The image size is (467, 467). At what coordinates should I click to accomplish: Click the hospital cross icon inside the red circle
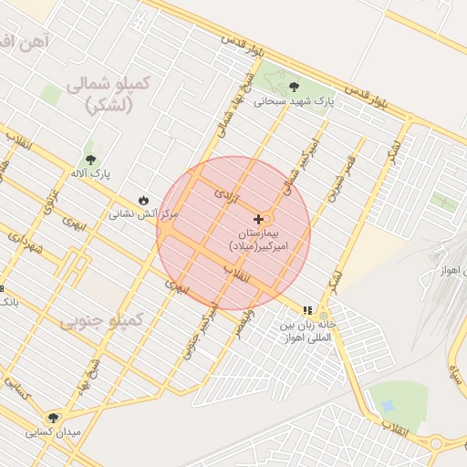pyautogui.click(x=260, y=219)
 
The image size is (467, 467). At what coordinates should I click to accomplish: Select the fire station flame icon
pyautogui.click(x=143, y=201)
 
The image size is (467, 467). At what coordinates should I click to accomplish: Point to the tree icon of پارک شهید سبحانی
pyautogui.click(x=293, y=88)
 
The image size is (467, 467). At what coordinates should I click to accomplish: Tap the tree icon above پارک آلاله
pyautogui.click(x=88, y=160)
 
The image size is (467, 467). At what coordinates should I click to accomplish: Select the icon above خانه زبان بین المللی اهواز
pyautogui.click(x=307, y=310)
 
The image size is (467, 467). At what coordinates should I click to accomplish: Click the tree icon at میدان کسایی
pyautogui.click(x=55, y=418)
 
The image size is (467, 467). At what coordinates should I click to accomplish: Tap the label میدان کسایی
pyautogui.click(x=55, y=431)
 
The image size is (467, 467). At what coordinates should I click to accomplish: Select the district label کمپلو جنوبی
pyautogui.click(x=102, y=321)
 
